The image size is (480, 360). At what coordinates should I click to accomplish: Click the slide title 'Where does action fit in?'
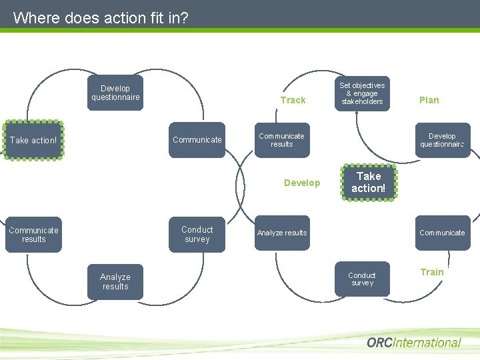pos(101,17)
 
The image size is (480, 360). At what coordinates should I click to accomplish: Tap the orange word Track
pos(293,100)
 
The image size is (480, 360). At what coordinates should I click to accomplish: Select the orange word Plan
pos(429,100)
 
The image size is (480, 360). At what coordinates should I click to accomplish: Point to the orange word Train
pos(431,272)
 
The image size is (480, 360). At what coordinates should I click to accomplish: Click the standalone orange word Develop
pos(302,183)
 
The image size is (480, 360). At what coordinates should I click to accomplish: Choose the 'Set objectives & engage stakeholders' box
pos(361,94)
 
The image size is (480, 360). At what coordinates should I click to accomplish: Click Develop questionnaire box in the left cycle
pos(115,93)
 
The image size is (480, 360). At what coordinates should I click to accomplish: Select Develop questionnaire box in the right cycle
pos(442,140)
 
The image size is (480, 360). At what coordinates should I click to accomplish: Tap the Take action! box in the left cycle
pos(33,140)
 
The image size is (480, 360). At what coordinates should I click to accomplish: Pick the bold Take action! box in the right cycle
pos(368,182)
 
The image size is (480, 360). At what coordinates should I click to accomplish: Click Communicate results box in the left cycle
pos(33,235)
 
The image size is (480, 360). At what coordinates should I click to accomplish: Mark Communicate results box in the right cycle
pos(281,140)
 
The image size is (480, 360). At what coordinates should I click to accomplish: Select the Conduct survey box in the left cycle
pos(197,235)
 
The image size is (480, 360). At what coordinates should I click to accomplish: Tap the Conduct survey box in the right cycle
pos(361,279)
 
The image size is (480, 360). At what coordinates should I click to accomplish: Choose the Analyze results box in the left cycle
pos(115,281)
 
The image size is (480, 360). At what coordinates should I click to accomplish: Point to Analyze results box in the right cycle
pos(281,233)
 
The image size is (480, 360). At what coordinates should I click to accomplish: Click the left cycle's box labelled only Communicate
pos(197,140)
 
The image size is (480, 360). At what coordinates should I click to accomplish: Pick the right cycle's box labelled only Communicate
pos(442,233)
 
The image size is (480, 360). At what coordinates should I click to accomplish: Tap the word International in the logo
pos(434,343)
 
